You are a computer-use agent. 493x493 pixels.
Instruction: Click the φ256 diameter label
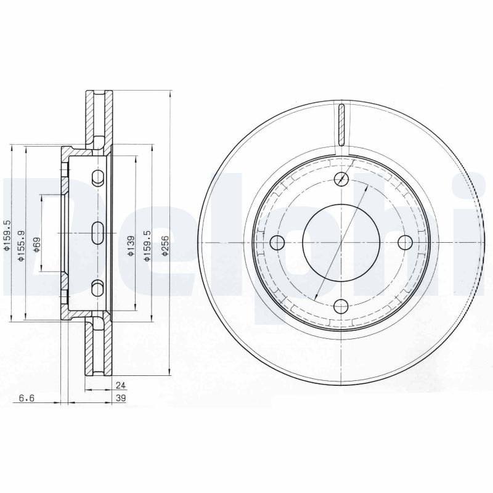(165, 249)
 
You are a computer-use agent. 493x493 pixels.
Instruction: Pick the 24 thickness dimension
(121, 385)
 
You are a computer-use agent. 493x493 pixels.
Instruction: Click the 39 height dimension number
(121, 399)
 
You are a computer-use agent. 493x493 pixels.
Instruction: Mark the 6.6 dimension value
(26, 399)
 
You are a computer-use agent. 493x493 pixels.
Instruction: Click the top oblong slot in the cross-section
(97, 178)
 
